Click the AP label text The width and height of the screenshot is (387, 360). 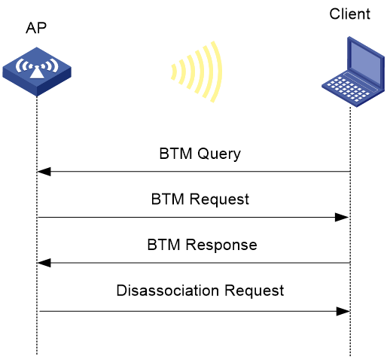coord(36,28)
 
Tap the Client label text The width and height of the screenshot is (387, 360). coord(349,14)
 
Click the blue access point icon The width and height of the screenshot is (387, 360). coord(37,72)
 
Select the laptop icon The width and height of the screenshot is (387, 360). coord(353,72)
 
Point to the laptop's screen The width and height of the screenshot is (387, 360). coord(366,63)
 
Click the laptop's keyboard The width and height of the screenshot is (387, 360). coord(348,89)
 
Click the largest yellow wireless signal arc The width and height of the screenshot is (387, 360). coord(217,72)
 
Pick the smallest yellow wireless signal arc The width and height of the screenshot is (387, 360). coord(174,72)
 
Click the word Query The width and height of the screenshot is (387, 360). coord(219,154)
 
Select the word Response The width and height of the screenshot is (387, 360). coord(221,246)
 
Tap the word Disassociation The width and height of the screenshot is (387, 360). coord(168,291)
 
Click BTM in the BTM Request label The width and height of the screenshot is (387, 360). coord(168,199)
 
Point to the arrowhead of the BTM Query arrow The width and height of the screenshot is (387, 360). coord(44,172)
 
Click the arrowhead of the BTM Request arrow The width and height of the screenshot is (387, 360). coord(342,217)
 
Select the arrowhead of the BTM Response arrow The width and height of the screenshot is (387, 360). coord(44,263)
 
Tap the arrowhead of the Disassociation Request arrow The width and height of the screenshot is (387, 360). coord(343,311)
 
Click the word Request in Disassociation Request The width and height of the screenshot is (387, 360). coord(254,291)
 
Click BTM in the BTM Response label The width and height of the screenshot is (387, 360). coord(163,245)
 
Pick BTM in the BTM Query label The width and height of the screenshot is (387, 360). coord(175,154)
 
